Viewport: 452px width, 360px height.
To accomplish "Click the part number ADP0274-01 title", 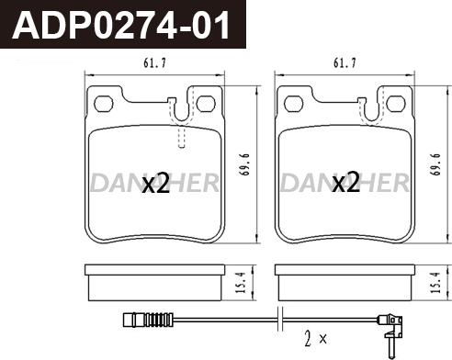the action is point(121,25).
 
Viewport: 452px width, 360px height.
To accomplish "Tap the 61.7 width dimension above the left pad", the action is point(154,63).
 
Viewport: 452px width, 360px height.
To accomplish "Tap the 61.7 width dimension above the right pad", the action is point(345,63).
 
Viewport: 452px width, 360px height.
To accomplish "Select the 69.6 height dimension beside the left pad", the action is point(245,164).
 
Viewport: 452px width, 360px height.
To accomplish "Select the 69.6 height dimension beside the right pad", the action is point(435,164).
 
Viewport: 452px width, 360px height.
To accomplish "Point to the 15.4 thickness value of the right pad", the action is point(435,282).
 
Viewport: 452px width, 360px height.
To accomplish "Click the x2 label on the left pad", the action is point(156,183).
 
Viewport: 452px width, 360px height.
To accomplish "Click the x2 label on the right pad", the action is point(345,183).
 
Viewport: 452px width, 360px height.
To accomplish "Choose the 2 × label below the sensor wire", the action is point(315,338).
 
